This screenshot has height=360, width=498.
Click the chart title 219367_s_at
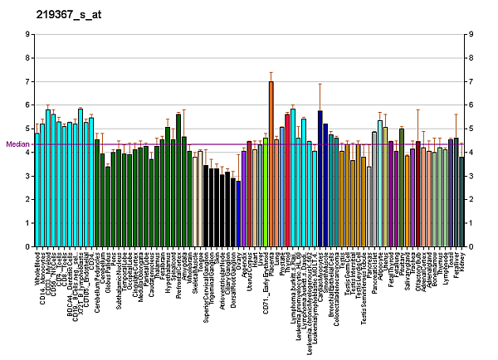point(64,15)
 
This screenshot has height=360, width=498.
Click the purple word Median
point(17,144)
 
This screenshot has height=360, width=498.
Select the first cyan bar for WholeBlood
point(37,190)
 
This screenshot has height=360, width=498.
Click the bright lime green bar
point(266,196)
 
